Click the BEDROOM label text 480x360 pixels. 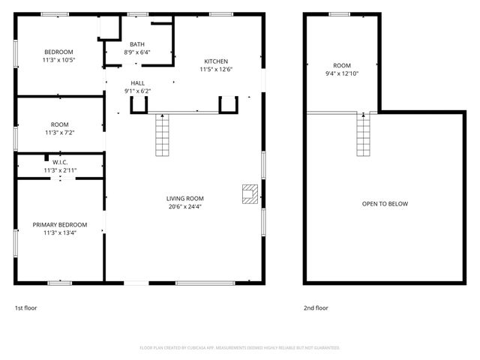click(58, 51)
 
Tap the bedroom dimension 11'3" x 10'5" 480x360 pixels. click(58, 59)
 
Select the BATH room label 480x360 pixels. click(137, 44)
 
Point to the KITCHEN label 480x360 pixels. click(216, 61)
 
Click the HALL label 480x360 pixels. click(137, 83)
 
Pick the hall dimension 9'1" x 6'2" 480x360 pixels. click(137, 91)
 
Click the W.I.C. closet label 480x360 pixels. click(60, 162)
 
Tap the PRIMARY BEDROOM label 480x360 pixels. click(60, 225)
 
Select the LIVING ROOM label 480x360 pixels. click(184, 199)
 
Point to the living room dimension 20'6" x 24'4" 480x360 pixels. click(184, 207)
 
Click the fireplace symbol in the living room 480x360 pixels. click(249, 193)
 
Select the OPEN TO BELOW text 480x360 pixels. click(385, 204)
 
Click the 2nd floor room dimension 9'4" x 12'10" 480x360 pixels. click(342, 74)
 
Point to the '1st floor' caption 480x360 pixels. click(26, 307)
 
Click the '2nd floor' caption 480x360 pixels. click(315, 307)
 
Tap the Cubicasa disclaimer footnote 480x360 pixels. click(240, 348)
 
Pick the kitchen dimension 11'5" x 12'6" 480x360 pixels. click(216, 70)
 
